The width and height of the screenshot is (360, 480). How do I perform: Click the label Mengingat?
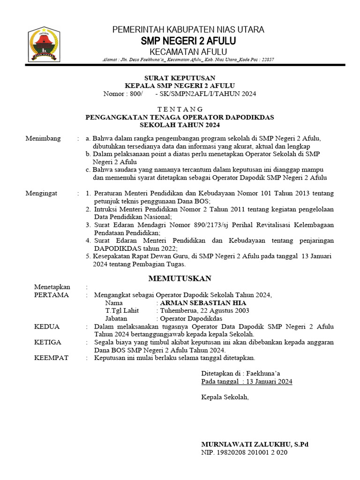[x=43, y=193]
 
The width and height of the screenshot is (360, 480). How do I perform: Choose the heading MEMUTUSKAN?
[x=180, y=278]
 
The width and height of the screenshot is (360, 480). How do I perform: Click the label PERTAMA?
[x=52, y=295]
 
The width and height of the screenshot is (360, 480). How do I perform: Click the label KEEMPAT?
[x=52, y=358]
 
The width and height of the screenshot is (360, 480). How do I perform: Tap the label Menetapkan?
[x=52, y=287]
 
